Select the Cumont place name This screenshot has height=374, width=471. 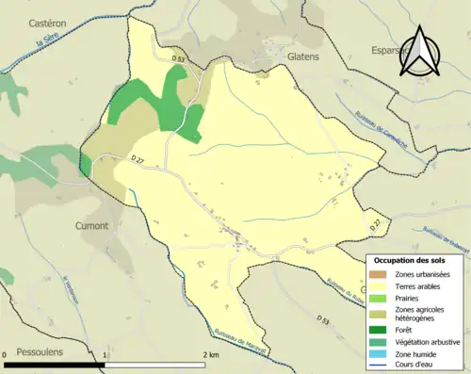click(91, 226)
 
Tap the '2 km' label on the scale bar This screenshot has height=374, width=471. click(211, 353)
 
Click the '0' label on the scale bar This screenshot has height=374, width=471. click(8, 353)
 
